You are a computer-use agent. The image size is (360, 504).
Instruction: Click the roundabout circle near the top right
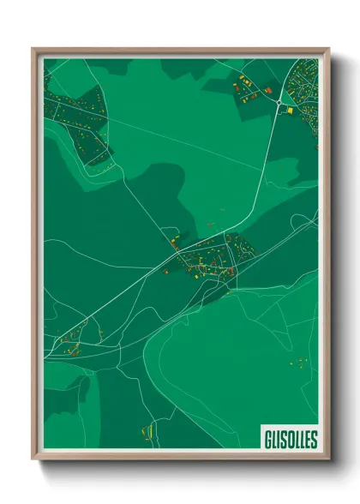point(279,102)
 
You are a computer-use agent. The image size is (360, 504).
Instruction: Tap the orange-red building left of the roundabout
point(267,89)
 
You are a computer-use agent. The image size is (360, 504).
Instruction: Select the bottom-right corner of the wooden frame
point(327,459)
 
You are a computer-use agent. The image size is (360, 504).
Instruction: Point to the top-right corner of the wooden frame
point(327,50)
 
